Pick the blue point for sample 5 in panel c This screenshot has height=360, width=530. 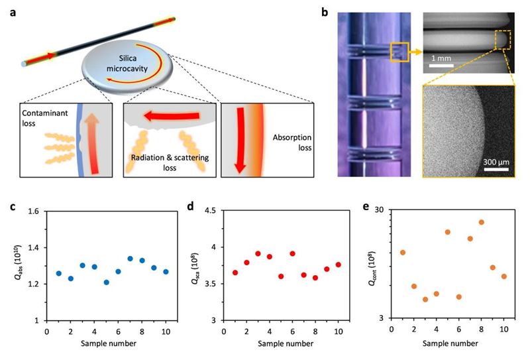[x=106, y=282]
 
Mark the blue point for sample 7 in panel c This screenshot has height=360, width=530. [x=130, y=259]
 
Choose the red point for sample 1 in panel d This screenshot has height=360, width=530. [x=235, y=272]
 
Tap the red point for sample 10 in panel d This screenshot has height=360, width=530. [x=338, y=265]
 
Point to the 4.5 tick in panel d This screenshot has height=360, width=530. [x=213, y=211]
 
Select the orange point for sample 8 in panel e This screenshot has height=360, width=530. [x=481, y=222]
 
